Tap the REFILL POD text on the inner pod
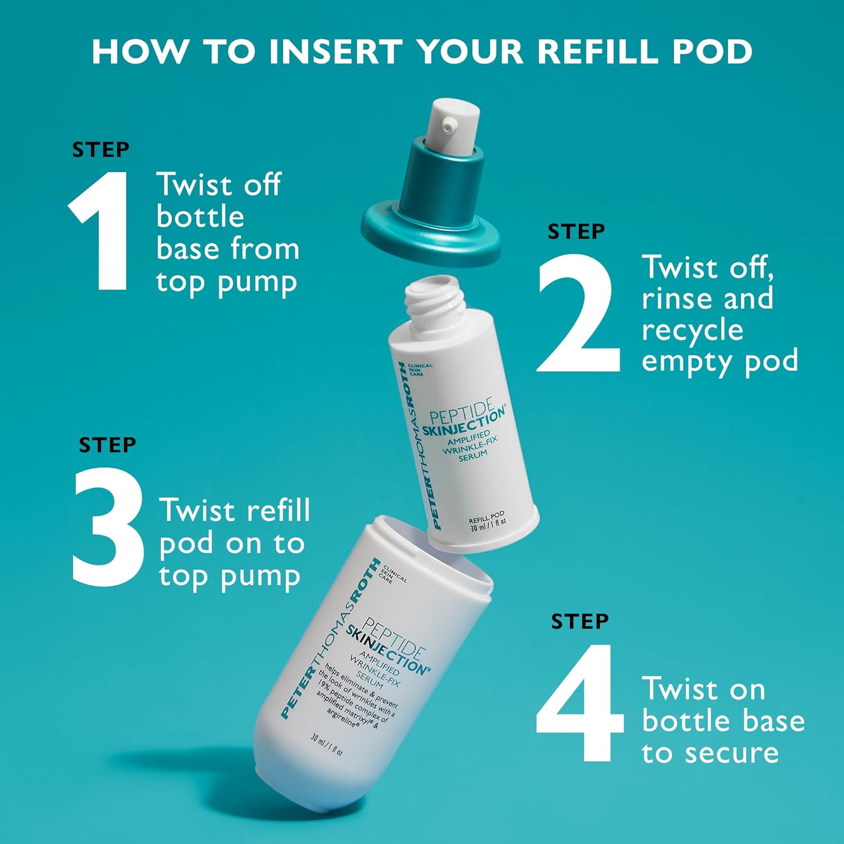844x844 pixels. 487,517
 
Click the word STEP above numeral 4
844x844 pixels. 580,622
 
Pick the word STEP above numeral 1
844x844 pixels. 101,150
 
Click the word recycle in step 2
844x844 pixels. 692,330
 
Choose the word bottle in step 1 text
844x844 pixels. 200,217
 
